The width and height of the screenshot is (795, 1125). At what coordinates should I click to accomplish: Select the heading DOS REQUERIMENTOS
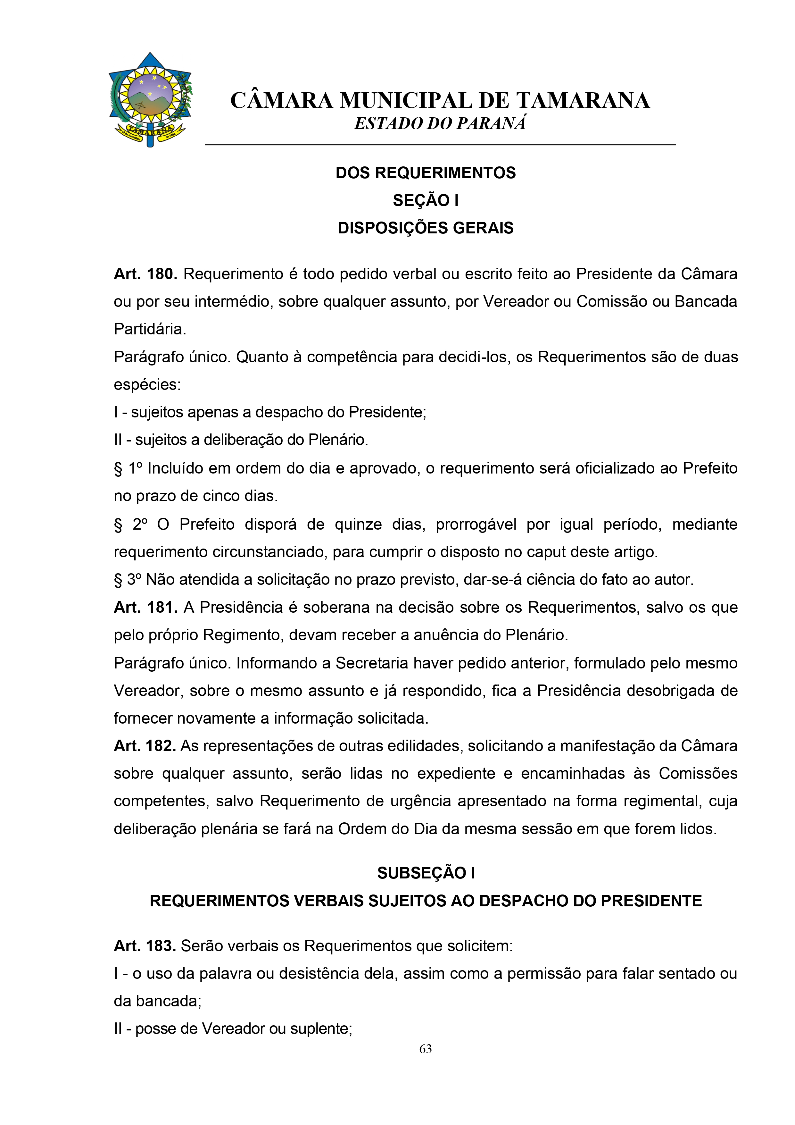coord(425,173)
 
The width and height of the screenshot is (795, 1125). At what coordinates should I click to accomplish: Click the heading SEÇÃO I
coord(425,200)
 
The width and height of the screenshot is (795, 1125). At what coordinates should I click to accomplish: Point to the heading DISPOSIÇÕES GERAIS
coord(425,228)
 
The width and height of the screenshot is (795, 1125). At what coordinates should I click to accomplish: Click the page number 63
coord(425,1049)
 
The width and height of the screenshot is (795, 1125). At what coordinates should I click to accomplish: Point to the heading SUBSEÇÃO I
coord(425,873)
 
